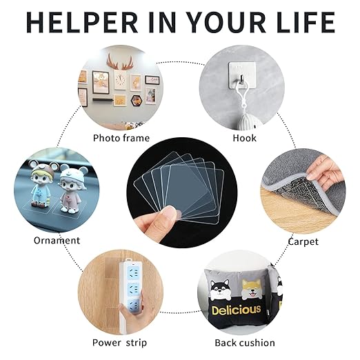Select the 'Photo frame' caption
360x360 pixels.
tap(121, 138)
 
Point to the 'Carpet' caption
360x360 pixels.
tap(303, 241)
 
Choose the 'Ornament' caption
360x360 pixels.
tap(57, 241)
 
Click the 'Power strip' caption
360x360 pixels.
tap(120, 343)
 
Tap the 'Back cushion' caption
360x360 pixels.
tap(244, 343)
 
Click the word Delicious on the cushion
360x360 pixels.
tap(237, 310)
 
